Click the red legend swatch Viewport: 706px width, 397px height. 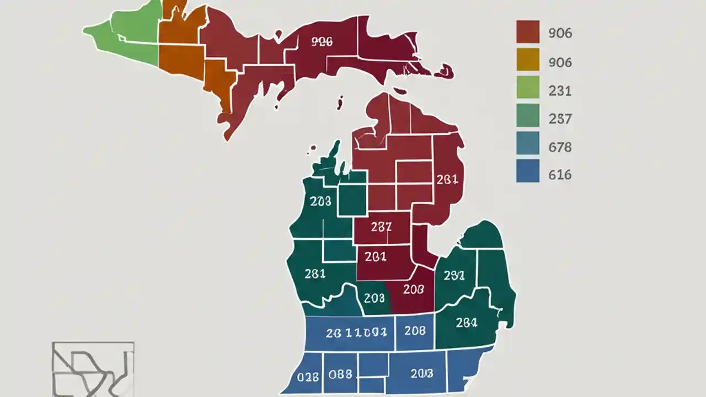pyautogui.click(x=527, y=32)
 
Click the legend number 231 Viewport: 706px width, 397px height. pyautogui.click(x=560, y=90)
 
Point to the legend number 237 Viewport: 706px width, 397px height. pyautogui.click(x=560, y=119)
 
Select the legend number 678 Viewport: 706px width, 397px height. pyautogui.click(x=560, y=147)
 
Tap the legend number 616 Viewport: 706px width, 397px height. pyautogui.click(x=560, y=175)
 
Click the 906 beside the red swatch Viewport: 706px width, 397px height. pyautogui.click(x=560, y=33)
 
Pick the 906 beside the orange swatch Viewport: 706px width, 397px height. pyautogui.click(x=560, y=62)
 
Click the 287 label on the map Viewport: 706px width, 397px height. pyautogui.click(x=381, y=227)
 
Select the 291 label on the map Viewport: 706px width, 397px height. pyautogui.click(x=454, y=275)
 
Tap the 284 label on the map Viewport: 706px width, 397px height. pyautogui.click(x=467, y=323)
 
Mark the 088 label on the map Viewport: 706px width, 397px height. pyautogui.click(x=340, y=374)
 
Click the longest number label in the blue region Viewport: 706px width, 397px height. pyautogui.click(x=356, y=332)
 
